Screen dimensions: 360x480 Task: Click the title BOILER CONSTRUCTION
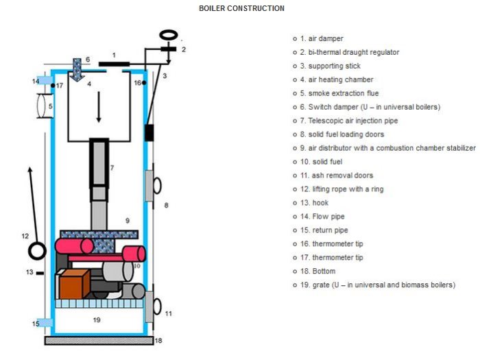[241, 8]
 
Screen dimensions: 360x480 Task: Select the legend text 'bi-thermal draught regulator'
[354, 52]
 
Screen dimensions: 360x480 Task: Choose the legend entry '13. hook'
[314, 203]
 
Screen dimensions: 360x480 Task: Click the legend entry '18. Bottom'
[317, 272]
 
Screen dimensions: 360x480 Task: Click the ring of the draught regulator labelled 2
[167, 34]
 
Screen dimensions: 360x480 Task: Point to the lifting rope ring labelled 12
[36, 251]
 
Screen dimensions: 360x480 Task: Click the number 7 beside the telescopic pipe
[112, 167]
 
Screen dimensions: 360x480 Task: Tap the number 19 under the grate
[97, 320]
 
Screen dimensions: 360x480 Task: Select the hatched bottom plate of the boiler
[97, 340]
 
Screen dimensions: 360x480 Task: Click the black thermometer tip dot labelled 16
[145, 83]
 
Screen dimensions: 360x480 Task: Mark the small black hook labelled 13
[40, 273]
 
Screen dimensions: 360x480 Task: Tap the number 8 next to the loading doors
[165, 205]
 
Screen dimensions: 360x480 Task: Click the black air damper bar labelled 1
[114, 64]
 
